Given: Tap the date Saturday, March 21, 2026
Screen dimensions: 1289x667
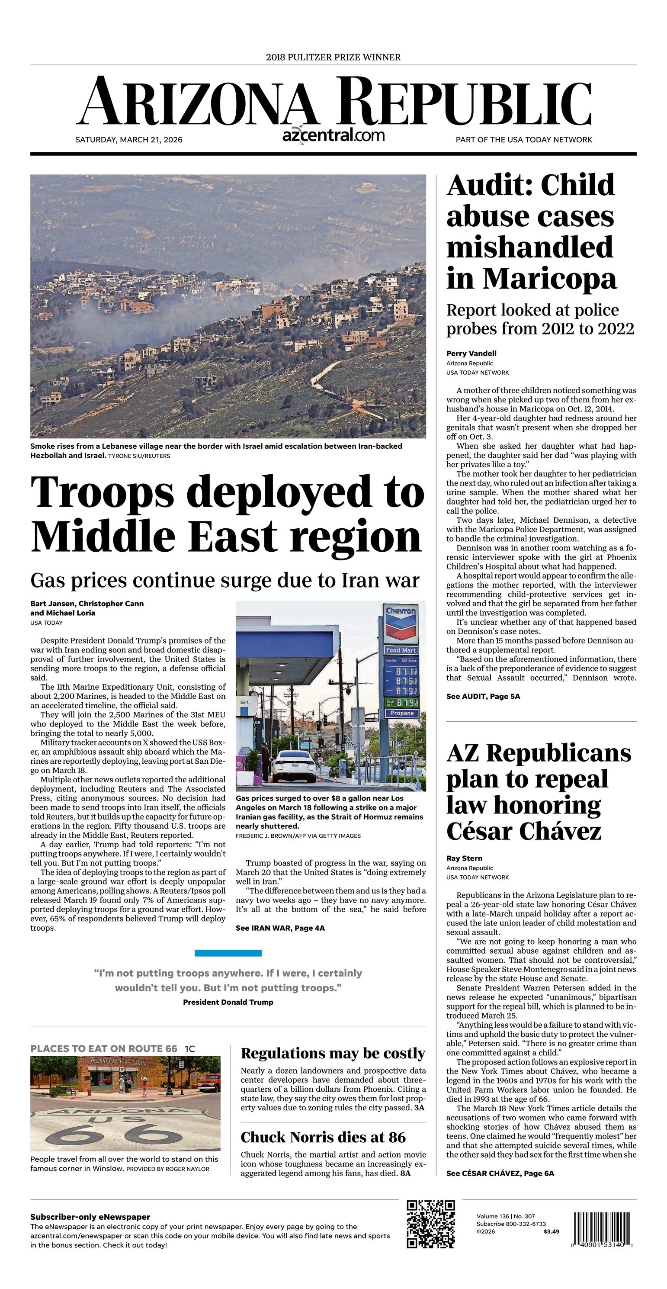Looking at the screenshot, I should (128, 140).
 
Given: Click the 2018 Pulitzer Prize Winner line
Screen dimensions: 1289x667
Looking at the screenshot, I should (333, 58).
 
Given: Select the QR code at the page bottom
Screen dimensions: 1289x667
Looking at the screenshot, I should (430, 1224).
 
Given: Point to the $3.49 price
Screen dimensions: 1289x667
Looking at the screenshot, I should (551, 1231).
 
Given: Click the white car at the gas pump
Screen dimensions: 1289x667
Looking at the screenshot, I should (295, 765).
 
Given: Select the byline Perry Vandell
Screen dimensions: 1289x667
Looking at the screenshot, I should (471, 353).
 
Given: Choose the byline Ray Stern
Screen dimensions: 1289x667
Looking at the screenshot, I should (465, 858).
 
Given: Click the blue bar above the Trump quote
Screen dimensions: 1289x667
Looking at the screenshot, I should (228, 953).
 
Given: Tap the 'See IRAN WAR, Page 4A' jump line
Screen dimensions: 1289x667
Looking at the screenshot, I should (280, 928).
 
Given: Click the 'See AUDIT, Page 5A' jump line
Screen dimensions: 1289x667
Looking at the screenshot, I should (483, 696).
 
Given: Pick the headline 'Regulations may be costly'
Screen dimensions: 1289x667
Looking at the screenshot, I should (333, 1053).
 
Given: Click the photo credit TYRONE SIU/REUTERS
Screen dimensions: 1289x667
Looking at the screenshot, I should (139, 456).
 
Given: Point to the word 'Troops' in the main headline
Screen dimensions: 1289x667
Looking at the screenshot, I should (102, 492).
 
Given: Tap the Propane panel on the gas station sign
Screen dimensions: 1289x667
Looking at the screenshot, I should (402, 713).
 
